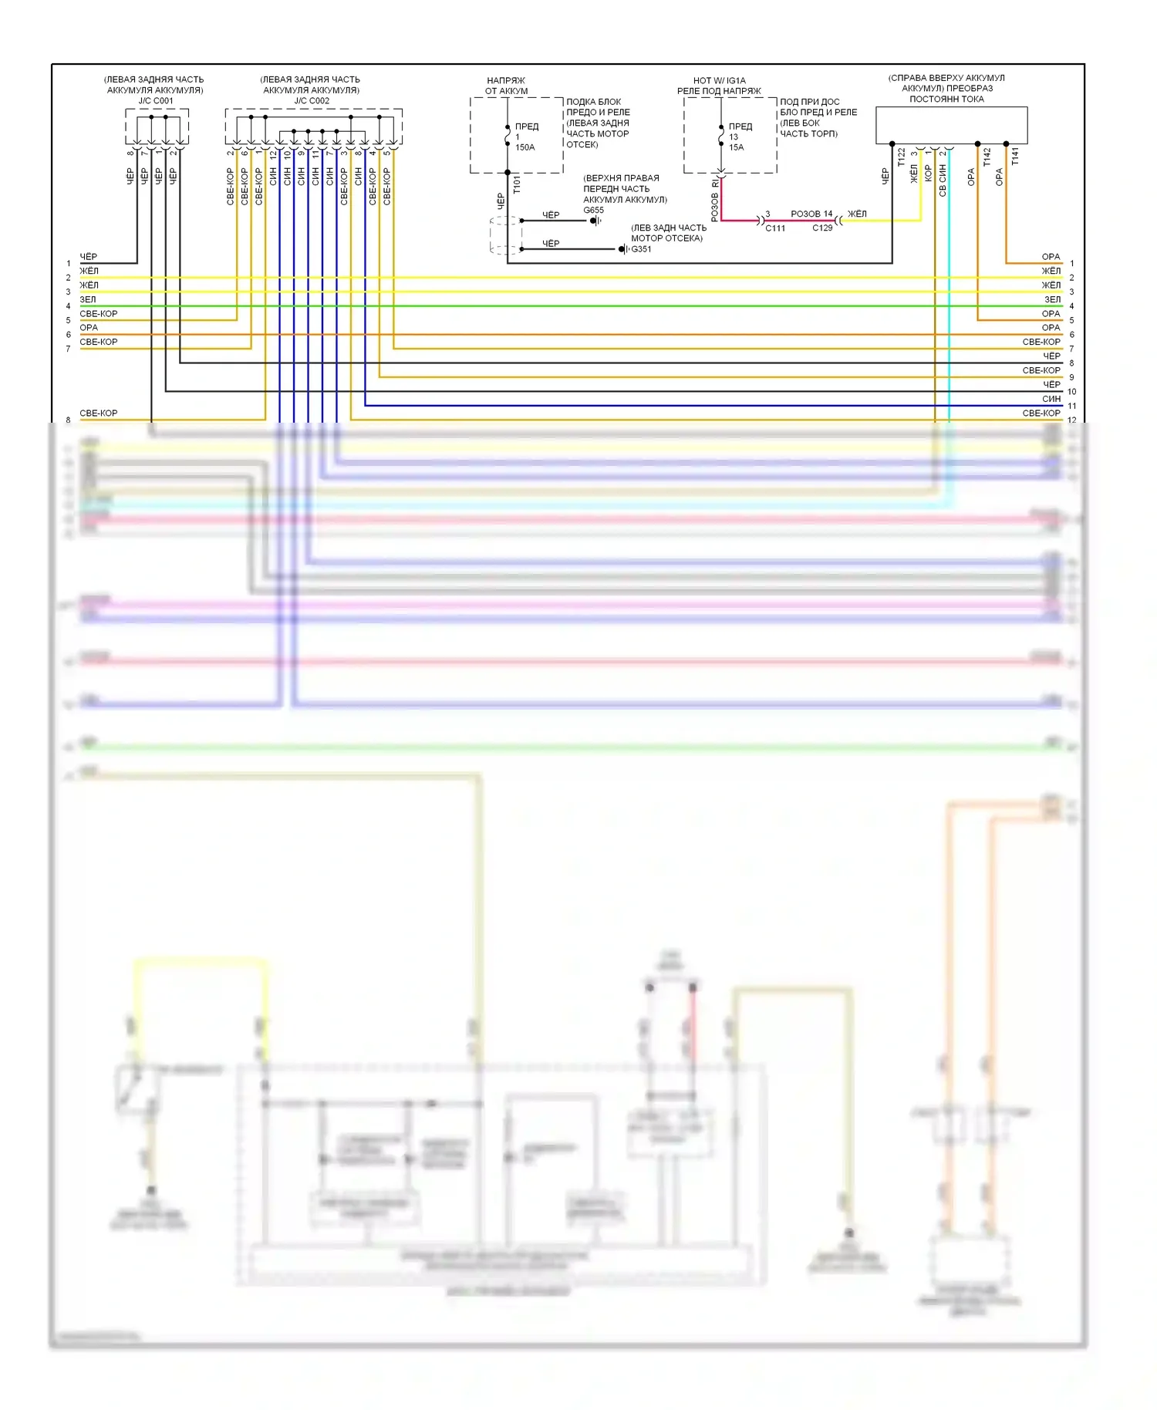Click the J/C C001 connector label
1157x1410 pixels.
(x=155, y=101)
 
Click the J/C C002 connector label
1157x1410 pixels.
(x=311, y=101)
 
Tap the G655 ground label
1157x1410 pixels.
(x=593, y=210)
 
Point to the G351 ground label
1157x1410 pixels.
(x=641, y=249)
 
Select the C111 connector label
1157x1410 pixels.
(x=774, y=228)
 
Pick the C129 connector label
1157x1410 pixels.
(x=822, y=228)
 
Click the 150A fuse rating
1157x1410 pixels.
(x=525, y=147)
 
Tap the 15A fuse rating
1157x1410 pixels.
(x=737, y=147)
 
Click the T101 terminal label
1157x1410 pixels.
(x=517, y=184)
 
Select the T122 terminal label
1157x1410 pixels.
(x=901, y=157)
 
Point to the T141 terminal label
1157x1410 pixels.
(x=1015, y=157)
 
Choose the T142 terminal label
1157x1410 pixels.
(x=987, y=157)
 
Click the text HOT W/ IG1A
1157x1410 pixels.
(x=719, y=80)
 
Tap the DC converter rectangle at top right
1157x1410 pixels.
(x=951, y=125)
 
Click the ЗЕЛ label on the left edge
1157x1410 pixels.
(x=88, y=299)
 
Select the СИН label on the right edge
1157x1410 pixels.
(x=1051, y=399)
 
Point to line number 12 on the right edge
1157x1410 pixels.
(x=1071, y=420)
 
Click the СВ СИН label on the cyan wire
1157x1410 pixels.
(x=943, y=180)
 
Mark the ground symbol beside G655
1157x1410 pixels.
(x=595, y=221)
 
